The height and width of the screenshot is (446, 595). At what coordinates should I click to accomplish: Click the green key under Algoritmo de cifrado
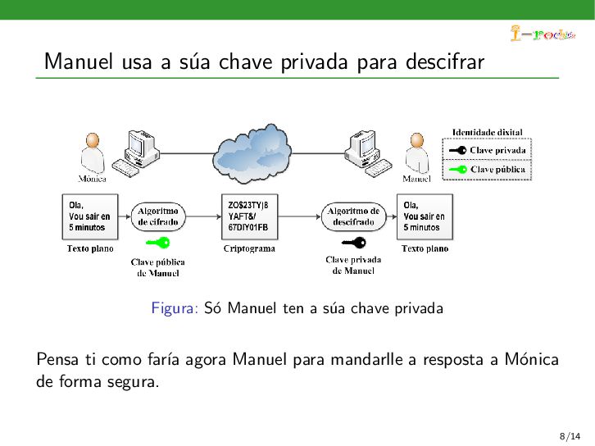(157, 243)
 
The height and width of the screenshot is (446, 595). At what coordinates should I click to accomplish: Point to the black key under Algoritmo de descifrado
(354, 242)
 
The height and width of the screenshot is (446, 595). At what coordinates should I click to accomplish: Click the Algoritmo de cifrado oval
(158, 216)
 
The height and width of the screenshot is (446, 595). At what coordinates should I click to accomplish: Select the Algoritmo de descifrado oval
(353, 216)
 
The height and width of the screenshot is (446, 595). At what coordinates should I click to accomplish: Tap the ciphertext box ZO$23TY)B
(249, 216)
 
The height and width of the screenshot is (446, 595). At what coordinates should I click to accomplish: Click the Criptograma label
(249, 248)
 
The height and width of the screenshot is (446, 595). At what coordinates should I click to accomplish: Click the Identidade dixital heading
(488, 132)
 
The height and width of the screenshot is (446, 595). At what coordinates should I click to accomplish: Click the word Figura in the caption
(175, 308)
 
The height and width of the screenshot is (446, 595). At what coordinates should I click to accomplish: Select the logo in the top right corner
(542, 34)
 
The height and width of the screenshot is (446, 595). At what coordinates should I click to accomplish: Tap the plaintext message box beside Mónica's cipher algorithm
(89, 216)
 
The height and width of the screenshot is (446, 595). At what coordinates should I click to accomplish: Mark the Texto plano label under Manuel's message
(425, 248)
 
